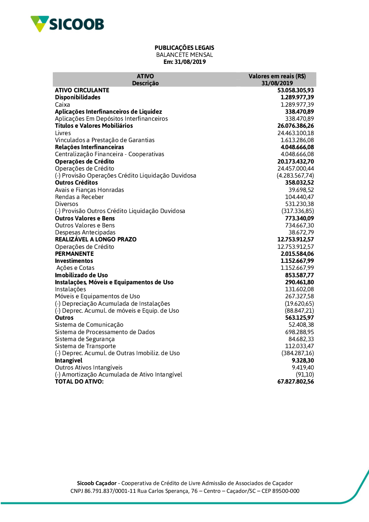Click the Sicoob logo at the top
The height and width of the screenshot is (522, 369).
pyautogui.click(x=67, y=24)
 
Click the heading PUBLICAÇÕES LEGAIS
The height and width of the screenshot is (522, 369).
pyautogui.click(x=184, y=48)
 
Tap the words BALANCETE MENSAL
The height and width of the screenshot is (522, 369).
pyautogui.click(x=184, y=55)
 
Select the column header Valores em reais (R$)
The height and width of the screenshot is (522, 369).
pyautogui.click(x=277, y=76)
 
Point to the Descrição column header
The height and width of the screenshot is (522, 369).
pyautogui.click(x=145, y=83)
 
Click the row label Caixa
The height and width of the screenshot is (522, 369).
pyautogui.click(x=62, y=104)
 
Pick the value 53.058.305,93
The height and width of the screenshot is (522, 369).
pyautogui.click(x=296, y=90)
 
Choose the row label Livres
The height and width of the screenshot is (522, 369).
pyautogui.click(x=63, y=133)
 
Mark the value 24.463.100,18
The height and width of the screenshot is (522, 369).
pyautogui.click(x=296, y=133)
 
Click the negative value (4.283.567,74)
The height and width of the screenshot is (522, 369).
pyautogui.click(x=295, y=175)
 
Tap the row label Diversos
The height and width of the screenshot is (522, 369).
pyautogui.click(x=66, y=204)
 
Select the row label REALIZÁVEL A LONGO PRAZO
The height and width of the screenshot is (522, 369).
pyautogui.click(x=96, y=239)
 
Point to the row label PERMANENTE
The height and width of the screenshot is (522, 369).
pyautogui.click(x=74, y=254)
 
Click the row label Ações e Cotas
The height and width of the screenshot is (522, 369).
pyautogui.click(x=75, y=268)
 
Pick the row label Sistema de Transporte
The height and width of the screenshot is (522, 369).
pyautogui.click(x=85, y=346)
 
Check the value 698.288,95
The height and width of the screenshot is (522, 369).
pyautogui.click(x=299, y=332)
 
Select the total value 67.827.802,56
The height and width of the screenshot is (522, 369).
pyautogui.click(x=296, y=381)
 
